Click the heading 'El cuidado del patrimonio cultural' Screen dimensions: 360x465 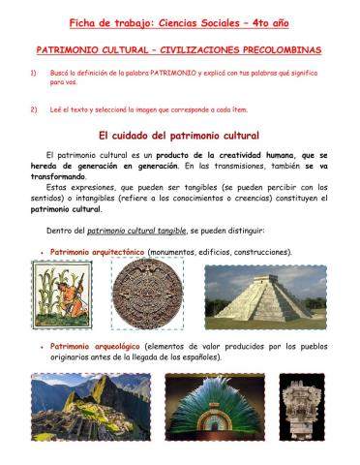(180, 137)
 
